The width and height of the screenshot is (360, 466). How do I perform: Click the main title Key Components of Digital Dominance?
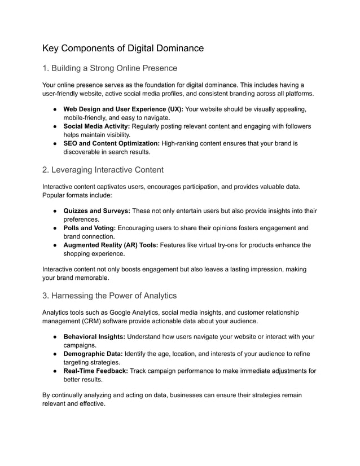click(x=123, y=48)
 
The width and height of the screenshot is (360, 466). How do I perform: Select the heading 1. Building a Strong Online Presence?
click(x=110, y=68)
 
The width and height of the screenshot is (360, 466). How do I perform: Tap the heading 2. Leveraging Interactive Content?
click(x=103, y=170)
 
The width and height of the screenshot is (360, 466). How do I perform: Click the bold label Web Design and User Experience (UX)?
click(x=123, y=109)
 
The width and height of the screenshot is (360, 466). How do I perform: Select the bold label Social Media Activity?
click(x=96, y=126)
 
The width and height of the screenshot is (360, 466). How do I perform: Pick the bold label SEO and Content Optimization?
click(x=111, y=143)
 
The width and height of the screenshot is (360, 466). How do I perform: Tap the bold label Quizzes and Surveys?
click(x=97, y=211)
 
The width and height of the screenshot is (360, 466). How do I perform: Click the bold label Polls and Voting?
click(x=90, y=228)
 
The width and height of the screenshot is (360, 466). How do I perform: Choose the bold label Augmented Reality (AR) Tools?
click(x=109, y=245)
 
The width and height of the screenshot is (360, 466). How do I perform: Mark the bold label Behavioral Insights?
click(x=94, y=337)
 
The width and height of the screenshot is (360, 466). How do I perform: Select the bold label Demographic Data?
click(x=93, y=354)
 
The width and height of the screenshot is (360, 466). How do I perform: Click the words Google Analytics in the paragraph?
click(x=137, y=312)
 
